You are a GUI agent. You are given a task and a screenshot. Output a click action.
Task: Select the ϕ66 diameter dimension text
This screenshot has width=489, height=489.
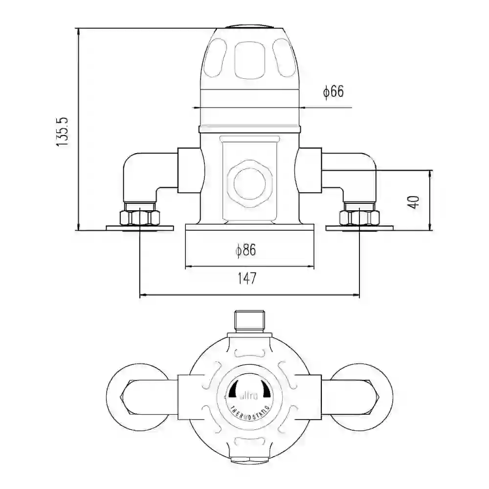coord(333,91)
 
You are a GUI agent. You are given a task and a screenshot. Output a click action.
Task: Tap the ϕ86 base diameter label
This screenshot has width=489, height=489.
coord(245,251)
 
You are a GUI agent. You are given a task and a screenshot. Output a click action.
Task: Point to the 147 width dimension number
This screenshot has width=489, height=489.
coord(247,279)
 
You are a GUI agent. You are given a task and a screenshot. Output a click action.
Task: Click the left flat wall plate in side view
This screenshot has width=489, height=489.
coord(140,228)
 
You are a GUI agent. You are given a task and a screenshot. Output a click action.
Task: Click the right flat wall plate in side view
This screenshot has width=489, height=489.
coord(359,228)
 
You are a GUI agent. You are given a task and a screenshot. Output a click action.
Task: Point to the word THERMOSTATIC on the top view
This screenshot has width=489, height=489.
coord(250,410)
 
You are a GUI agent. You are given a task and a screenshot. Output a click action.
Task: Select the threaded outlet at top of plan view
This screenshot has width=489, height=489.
coord(250,321)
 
